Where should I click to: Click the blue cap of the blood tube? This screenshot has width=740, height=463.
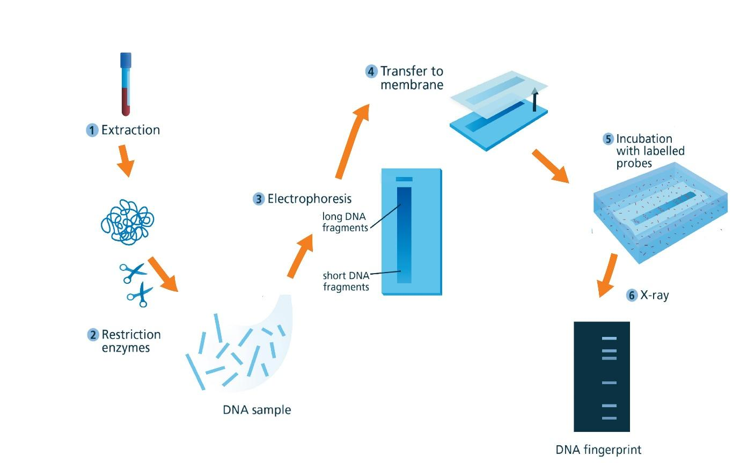[126, 60]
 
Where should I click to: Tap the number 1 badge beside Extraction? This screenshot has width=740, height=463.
[92, 130]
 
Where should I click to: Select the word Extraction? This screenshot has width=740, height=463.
[130, 130]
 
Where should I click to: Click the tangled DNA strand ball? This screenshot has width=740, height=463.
[128, 222]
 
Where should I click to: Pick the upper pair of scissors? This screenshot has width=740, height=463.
[133, 273]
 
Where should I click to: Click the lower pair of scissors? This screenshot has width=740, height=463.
[141, 295]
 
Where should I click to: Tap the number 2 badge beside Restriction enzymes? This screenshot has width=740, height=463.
[93, 335]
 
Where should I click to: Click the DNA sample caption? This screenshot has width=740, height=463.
[257, 410]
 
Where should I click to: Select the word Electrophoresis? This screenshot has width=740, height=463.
[310, 199]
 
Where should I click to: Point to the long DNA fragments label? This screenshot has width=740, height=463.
[345, 222]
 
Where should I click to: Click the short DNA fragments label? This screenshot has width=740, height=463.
[346, 281]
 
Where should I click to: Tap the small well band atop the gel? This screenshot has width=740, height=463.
[404, 179]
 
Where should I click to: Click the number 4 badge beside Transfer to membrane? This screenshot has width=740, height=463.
[371, 71]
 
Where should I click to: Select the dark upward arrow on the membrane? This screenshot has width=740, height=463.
[534, 99]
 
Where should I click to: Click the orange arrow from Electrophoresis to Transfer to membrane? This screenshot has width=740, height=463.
[353, 142]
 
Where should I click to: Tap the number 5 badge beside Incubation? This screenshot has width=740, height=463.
[608, 139]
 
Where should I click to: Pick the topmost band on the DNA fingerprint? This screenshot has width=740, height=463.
[609, 339]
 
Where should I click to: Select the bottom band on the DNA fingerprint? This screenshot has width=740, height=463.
[609, 418]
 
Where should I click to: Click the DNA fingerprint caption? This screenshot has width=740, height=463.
[598, 450]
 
